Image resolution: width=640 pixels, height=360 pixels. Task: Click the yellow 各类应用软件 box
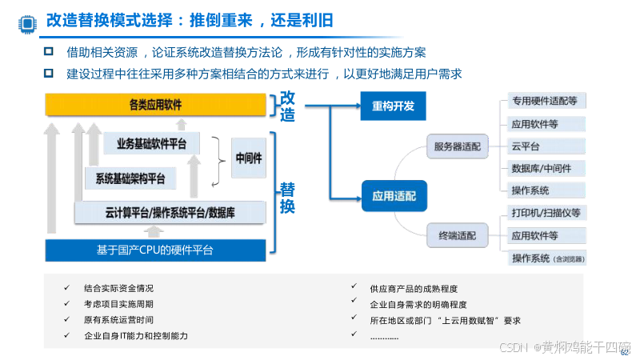(154, 104)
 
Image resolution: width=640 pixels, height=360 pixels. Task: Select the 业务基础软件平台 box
(151, 144)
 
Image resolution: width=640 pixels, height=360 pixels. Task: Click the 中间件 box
(249, 158)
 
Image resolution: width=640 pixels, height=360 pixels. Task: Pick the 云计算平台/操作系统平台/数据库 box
(163, 213)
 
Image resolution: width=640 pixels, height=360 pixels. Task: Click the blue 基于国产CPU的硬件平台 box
(154, 250)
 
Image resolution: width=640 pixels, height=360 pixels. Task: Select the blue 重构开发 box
(393, 106)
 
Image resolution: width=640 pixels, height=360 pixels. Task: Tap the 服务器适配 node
(458, 146)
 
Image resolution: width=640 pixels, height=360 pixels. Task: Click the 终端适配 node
(458, 236)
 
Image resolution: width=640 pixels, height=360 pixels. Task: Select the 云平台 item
(526, 146)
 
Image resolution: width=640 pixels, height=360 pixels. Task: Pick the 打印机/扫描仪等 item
(546, 214)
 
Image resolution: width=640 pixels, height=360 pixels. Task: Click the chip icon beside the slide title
(26, 22)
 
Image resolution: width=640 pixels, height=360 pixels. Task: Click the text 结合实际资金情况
(118, 288)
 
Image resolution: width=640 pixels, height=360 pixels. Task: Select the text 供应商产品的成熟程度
(414, 288)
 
